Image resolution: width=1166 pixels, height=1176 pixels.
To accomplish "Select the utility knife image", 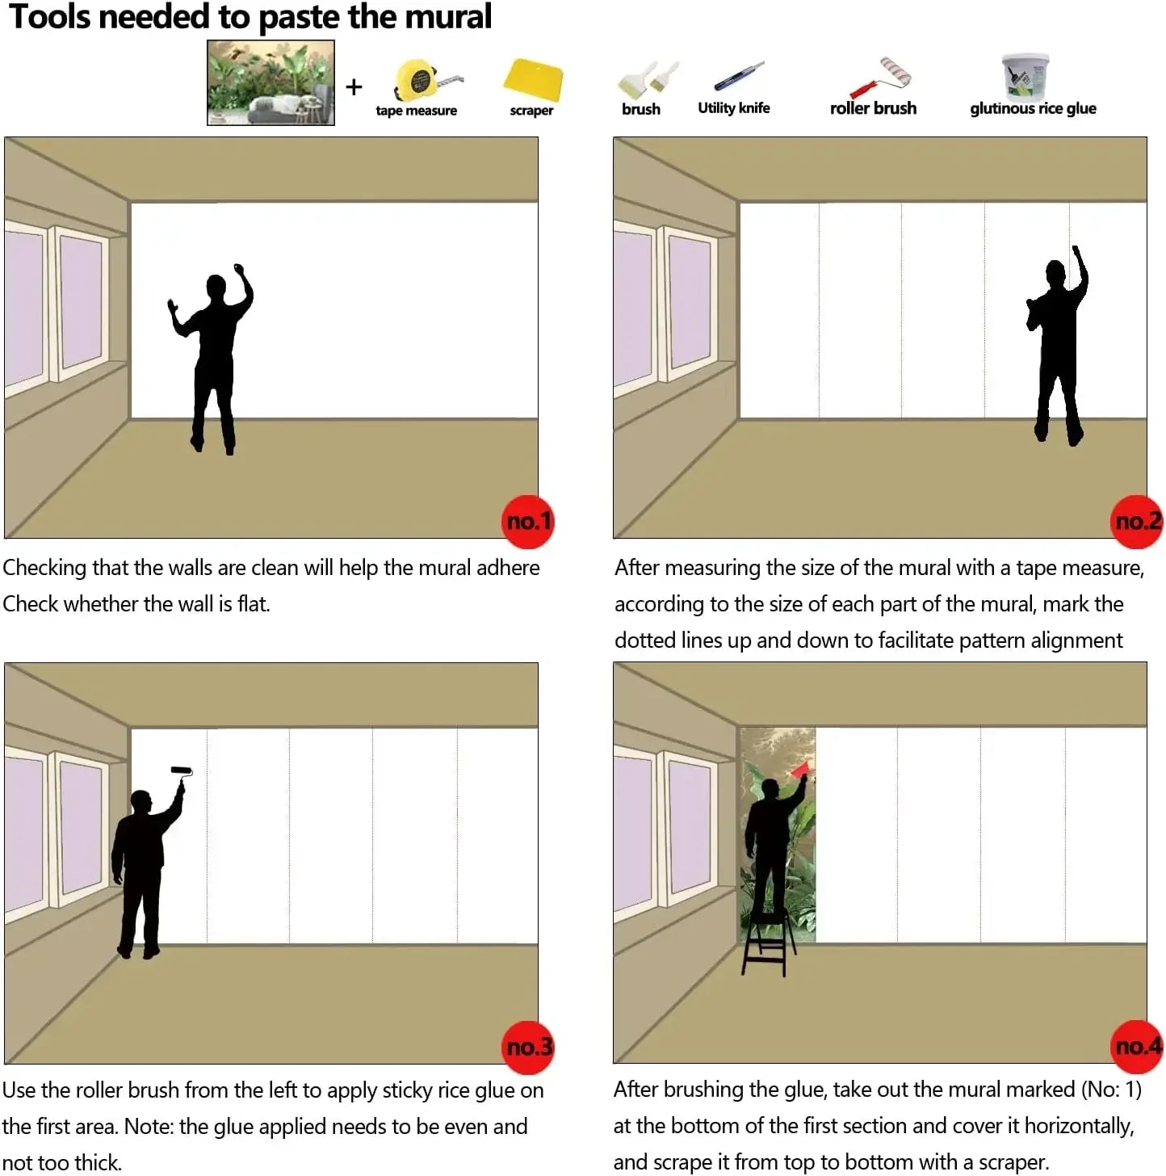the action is (x=738, y=76).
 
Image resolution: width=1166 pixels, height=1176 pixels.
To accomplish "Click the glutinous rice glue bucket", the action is (x=1025, y=76).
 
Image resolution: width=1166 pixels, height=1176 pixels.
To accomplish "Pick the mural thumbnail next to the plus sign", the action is (x=271, y=82).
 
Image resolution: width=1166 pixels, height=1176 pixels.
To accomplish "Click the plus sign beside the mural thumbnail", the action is (x=354, y=87).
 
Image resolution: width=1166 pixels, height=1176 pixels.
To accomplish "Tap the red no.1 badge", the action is (x=528, y=521).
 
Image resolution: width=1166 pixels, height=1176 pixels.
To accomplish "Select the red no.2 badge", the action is (x=1136, y=521).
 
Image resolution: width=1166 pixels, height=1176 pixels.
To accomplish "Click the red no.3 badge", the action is (x=528, y=1048).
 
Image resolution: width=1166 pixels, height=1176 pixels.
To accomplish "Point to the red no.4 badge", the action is (x=1136, y=1046).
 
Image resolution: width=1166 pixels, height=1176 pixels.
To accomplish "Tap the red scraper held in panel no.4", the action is (x=800, y=769).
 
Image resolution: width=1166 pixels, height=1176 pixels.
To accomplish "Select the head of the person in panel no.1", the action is (x=216, y=286).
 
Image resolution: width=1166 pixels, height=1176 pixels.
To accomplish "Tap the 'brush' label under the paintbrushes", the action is (x=640, y=109).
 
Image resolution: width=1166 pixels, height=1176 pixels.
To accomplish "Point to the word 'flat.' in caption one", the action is (x=254, y=603).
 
